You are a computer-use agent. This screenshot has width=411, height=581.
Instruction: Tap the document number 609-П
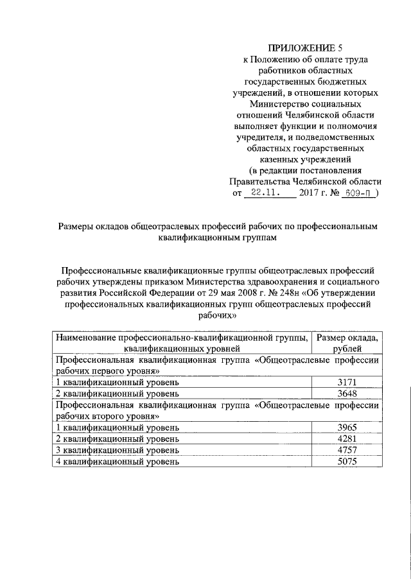(358, 192)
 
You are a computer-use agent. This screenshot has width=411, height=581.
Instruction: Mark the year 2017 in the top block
(311, 192)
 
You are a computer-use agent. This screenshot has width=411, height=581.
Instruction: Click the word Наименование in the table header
(84, 337)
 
